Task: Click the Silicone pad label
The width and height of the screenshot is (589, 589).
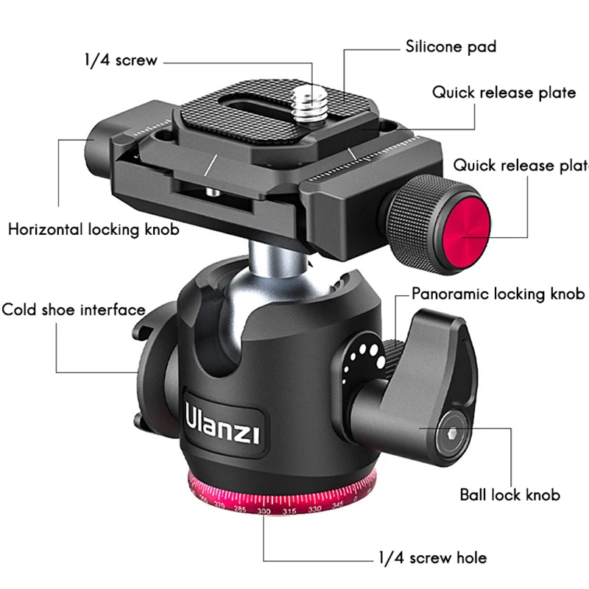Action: [x=451, y=47]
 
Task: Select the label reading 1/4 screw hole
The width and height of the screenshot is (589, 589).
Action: [x=432, y=558]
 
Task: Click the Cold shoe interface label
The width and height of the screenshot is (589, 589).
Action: [x=74, y=309]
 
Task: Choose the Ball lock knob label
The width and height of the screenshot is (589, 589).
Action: [x=509, y=495]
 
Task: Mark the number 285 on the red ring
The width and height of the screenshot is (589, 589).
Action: [x=239, y=509]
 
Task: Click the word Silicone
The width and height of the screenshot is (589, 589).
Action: [x=431, y=47]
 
